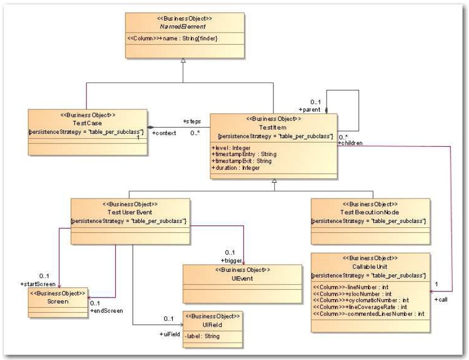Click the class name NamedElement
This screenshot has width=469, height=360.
coord(183,26)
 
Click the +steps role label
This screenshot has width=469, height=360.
coord(191,121)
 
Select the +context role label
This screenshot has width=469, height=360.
coord(164,133)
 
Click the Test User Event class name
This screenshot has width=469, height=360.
coord(129,212)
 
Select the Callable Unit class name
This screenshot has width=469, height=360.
coord(371,267)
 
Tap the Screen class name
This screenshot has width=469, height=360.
coord(58,301)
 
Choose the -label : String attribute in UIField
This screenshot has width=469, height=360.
coord(202,336)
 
